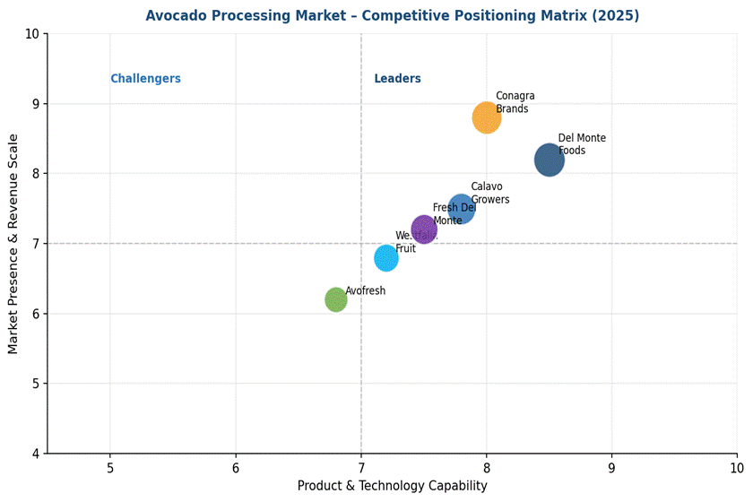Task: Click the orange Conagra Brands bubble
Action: point(486,117)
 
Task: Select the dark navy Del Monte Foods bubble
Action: point(549,160)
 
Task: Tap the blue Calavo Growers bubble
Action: point(461,209)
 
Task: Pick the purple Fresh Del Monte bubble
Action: point(424,229)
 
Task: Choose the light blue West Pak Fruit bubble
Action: point(386,258)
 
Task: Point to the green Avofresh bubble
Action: point(336,299)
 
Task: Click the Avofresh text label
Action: point(366,291)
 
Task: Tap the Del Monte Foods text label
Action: point(582,144)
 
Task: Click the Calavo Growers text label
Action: point(489,193)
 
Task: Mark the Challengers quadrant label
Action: point(145,79)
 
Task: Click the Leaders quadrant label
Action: point(397,79)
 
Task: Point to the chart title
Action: point(393,16)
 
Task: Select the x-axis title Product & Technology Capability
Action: point(392,486)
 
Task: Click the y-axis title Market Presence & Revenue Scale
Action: point(13,244)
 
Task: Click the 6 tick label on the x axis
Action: point(236,467)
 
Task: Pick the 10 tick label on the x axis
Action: point(737,467)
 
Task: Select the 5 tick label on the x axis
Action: point(110,467)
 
